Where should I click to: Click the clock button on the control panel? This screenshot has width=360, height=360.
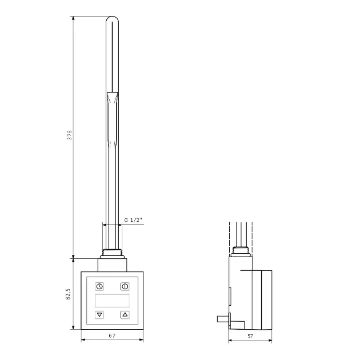tap(99, 286)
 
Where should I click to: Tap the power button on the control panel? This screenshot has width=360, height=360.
tap(125, 286)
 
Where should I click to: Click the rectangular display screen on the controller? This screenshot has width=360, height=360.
tap(112, 301)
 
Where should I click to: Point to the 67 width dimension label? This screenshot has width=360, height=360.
tap(112, 335)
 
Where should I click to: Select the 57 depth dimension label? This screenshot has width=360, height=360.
tap(250, 336)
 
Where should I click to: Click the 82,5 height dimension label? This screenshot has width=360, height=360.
tap(68, 294)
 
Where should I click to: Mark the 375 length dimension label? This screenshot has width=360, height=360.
tap(69, 135)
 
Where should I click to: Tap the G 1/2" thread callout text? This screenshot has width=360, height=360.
tap(133, 220)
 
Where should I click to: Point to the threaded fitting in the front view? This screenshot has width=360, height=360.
tap(112, 254)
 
